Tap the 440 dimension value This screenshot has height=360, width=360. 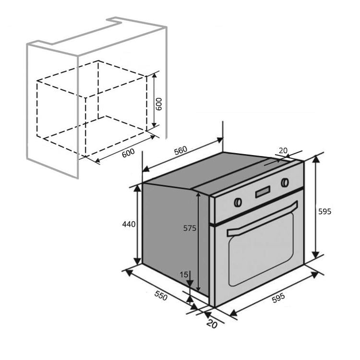tap(129, 224)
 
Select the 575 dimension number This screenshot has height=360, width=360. tap(190, 228)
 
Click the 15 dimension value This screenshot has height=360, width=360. tap(184, 275)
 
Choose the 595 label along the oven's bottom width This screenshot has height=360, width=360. tap(278, 298)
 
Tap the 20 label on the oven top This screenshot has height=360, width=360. tap(283, 151)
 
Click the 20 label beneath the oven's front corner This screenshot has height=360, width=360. tap(212, 324)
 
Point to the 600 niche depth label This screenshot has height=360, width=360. tap(128, 154)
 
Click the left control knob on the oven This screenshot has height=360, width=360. tap(237, 202)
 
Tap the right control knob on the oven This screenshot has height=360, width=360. tap(285, 182)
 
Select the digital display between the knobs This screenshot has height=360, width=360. tap(262, 192)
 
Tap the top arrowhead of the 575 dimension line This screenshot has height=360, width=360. tap(198, 194)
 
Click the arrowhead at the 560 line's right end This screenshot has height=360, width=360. tap(220, 140)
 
